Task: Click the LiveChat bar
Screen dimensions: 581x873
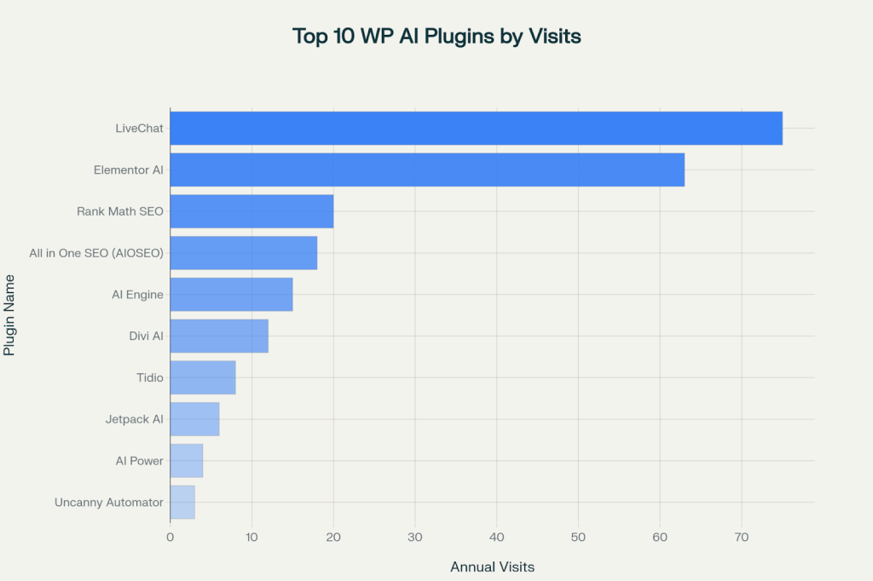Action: [476, 128]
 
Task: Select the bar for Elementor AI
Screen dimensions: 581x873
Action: [427, 170]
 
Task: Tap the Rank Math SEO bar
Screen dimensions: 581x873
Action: [251, 211]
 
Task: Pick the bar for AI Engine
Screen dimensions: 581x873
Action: [231, 294]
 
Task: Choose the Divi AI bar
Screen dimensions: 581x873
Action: [219, 336]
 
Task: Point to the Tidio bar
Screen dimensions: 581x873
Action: [203, 377]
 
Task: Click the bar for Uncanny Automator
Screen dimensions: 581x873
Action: [182, 502]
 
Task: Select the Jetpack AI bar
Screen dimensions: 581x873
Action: [194, 419]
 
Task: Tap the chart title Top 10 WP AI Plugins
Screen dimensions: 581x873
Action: [436, 37]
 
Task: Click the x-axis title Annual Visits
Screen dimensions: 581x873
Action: [492, 567]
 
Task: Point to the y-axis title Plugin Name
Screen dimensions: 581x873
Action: [10, 315]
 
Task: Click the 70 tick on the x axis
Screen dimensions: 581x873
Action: [741, 538]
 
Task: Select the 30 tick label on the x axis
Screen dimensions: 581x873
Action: [415, 538]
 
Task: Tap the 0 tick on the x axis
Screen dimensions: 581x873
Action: [171, 538]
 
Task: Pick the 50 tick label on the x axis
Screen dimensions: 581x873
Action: [578, 538]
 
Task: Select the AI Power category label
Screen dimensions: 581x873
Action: [139, 461]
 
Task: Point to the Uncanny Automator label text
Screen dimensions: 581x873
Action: [108, 503]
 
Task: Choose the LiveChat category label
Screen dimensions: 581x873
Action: [139, 129]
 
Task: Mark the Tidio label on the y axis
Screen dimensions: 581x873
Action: [149, 377]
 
